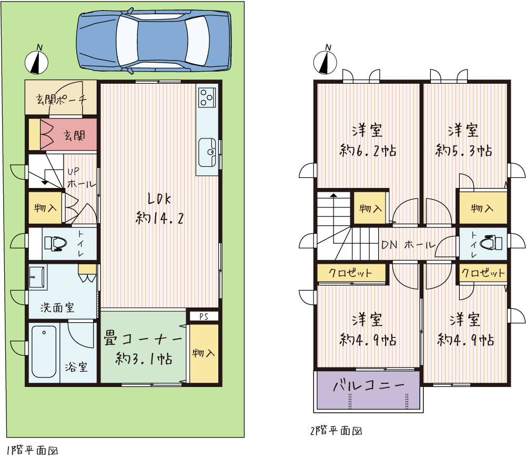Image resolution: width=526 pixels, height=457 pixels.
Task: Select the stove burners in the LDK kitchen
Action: pyautogui.click(x=206, y=97)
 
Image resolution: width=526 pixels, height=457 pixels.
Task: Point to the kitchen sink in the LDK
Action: pyautogui.click(x=207, y=153)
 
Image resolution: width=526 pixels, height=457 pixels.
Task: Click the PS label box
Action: pyautogui.click(x=204, y=316)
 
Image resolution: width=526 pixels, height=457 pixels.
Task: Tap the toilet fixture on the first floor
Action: pyautogui.click(x=55, y=244)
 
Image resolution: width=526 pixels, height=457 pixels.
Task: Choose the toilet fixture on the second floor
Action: pyautogui.click(x=491, y=242)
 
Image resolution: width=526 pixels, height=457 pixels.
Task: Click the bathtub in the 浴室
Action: pyautogui.click(x=44, y=352)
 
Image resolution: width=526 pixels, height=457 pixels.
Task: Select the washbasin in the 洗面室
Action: pyautogui.click(x=37, y=277)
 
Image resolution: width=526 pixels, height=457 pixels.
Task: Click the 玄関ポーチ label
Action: pyautogui.click(x=61, y=100)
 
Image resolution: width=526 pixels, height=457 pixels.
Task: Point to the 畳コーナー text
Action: pyautogui.click(x=143, y=339)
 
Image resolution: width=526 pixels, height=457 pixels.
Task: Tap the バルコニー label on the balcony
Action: pyautogui.click(x=369, y=385)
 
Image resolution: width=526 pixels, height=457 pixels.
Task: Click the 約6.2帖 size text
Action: pyautogui.click(x=368, y=151)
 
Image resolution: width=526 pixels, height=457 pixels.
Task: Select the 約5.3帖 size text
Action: pyautogui.click(x=464, y=151)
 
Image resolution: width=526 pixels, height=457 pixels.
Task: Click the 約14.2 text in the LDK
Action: pyautogui.click(x=160, y=218)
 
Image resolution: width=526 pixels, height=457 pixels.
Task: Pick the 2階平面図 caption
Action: pyautogui.click(x=336, y=431)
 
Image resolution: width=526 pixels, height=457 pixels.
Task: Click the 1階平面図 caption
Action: pyautogui.click(x=33, y=450)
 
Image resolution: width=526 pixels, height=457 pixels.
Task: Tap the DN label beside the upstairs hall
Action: pyautogui.click(x=389, y=245)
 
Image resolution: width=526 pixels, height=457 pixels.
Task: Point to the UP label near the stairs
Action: pyautogui.click(x=74, y=172)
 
